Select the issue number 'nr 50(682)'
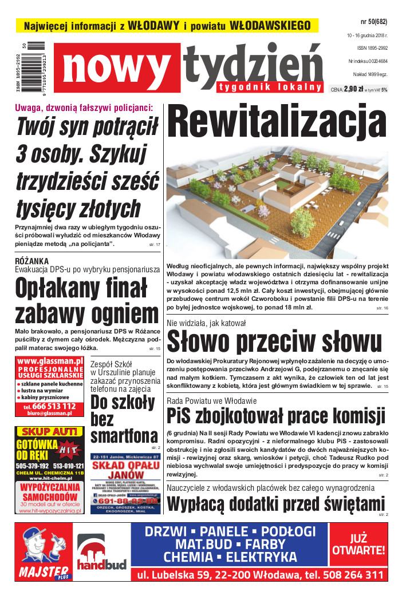373,22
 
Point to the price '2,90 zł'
354,89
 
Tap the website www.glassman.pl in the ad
50,361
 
